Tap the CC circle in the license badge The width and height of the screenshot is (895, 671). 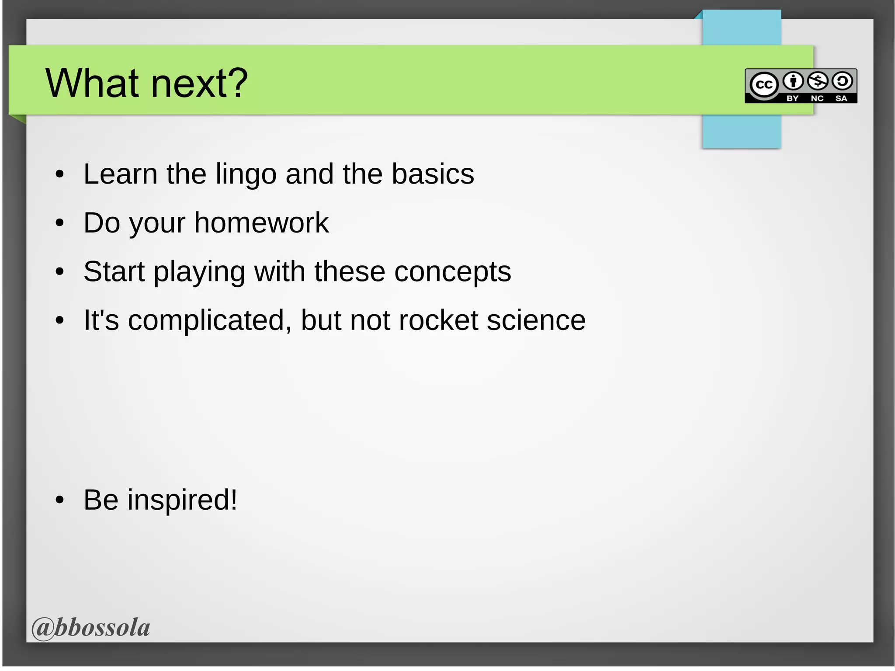pyautogui.click(x=764, y=84)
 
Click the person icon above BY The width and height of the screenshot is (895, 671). pyautogui.click(x=793, y=81)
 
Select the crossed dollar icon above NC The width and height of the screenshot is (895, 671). pyautogui.click(x=817, y=81)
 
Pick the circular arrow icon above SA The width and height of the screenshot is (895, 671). pyautogui.click(x=842, y=81)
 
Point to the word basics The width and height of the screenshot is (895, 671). pyautogui.click(x=432, y=174)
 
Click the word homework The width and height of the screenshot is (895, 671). pyautogui.click(x=261, y=223)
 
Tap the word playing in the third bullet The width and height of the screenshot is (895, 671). pyautogui.click(x=199, y=272)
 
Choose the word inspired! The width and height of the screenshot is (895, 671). pyautogui.click(x=182, y=500)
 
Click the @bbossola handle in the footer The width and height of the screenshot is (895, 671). pyautogui.click(x=91, y=628)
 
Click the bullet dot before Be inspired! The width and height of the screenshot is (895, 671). pyautogui.click(x=60, y=500)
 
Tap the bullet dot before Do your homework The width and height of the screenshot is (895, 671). pyautogui.click(x=60, y=223)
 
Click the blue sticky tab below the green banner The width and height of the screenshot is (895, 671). pyautogui.click(x=741, y=131)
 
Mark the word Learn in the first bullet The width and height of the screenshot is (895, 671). pyautogui.click(x=120, y=174)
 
